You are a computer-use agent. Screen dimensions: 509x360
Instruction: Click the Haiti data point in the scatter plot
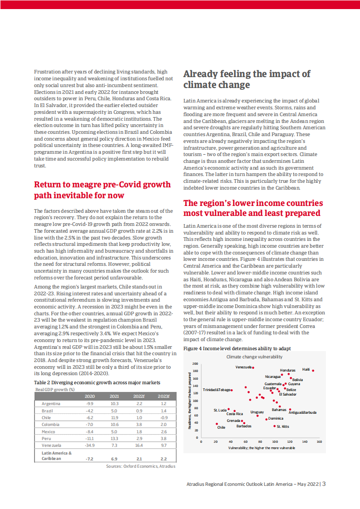[313, 371]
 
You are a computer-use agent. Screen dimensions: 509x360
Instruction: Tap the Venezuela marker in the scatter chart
[253, 367]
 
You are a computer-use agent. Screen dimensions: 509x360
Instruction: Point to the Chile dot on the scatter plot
[217, 424]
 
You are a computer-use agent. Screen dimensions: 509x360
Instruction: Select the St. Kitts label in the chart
[283, 426]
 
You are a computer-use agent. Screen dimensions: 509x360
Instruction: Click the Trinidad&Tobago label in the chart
[217, 390]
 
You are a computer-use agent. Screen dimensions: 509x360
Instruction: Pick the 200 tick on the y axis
[195, 364]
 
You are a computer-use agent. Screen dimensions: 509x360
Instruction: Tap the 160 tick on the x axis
[319, 441]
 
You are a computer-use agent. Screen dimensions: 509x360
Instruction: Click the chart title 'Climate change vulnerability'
[251, 357]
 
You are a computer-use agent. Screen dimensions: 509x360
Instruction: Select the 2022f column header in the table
[139, 396]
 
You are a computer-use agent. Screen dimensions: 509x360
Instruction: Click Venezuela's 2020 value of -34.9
[89, 446]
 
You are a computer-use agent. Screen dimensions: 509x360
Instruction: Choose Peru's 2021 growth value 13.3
[114, 439]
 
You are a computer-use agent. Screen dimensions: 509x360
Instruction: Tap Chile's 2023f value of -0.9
[163, 417]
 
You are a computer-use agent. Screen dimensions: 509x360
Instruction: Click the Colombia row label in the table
[50, 425]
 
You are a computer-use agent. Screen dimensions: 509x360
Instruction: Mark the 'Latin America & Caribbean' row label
[57, 456]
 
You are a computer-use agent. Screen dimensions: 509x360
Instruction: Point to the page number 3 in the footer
[324, 484]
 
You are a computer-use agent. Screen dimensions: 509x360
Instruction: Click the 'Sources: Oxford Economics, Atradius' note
[140, 466]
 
